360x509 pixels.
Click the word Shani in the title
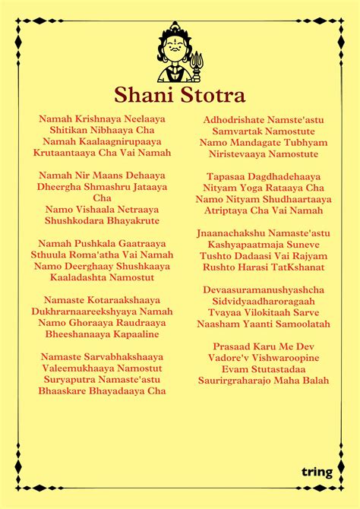coord(143,95)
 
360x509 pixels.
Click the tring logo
coord(317,472)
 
